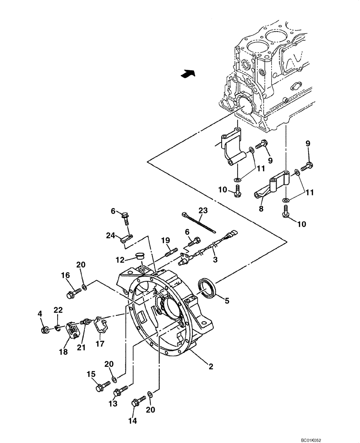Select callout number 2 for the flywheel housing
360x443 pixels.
click(x=211, y=366)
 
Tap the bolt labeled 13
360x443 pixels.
click(x=121, y=391)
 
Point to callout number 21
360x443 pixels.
click(x=81, y=349)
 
